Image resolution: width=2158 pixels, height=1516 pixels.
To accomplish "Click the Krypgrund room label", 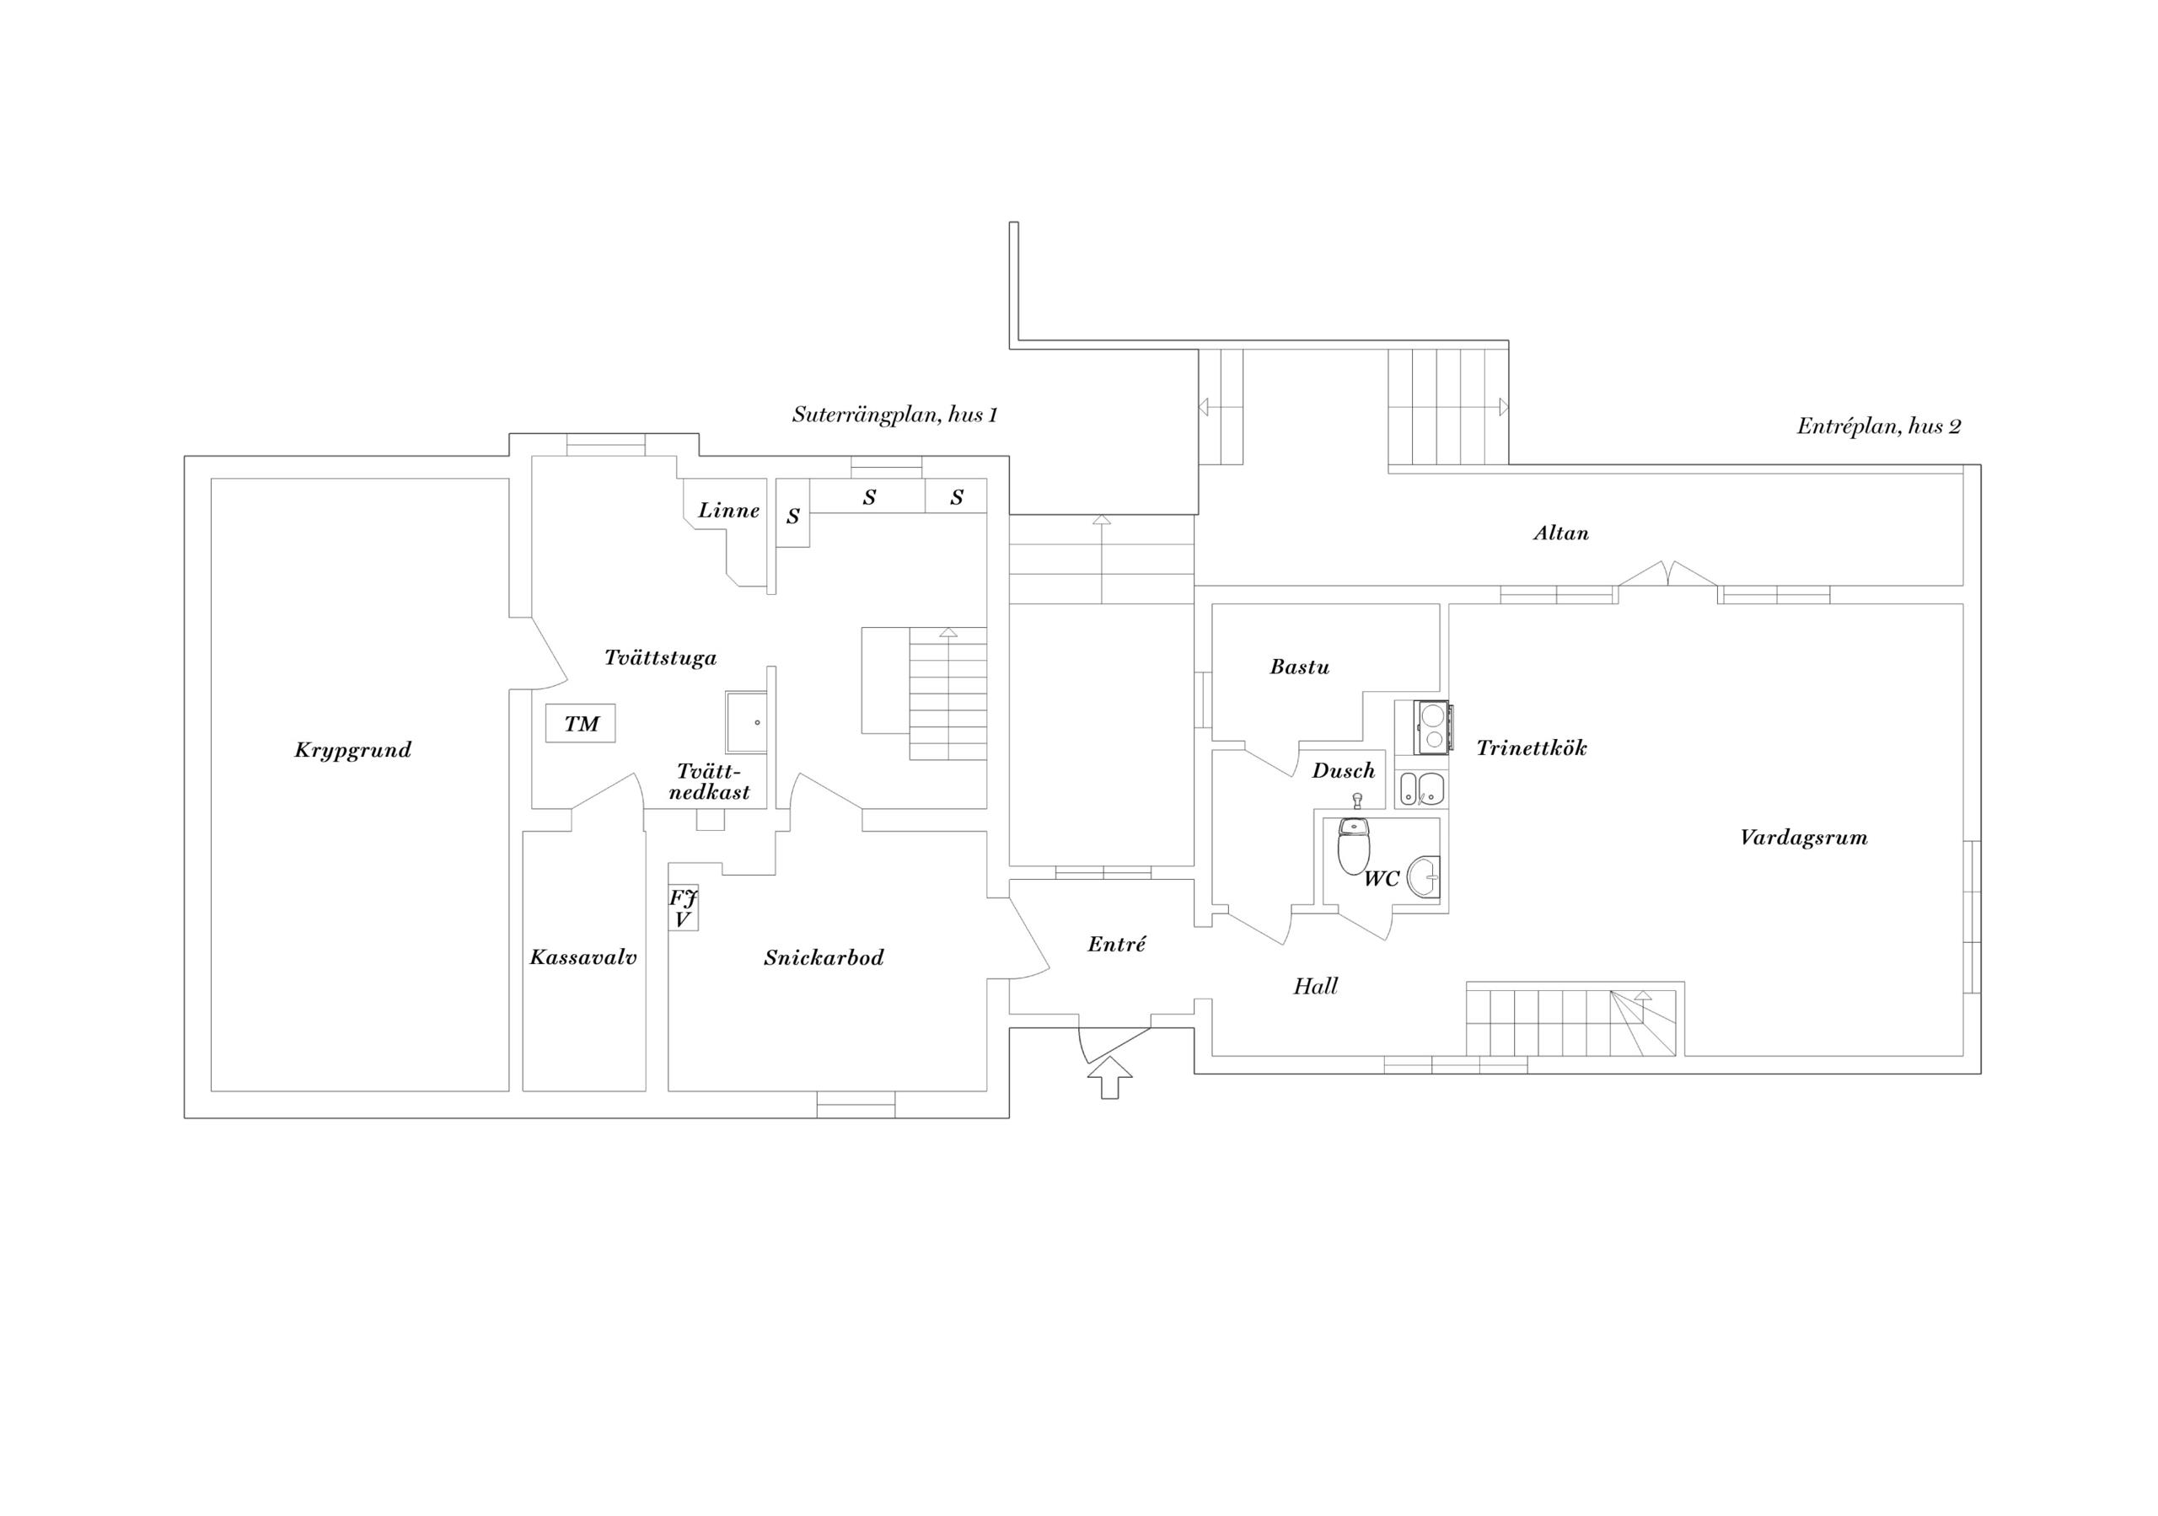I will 352,749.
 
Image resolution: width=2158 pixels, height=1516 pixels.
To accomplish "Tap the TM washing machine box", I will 581,724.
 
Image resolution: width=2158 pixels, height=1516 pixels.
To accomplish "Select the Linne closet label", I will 728,511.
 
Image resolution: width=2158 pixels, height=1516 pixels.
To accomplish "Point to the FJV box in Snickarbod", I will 684,908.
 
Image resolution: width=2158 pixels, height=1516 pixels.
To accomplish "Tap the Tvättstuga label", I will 660,658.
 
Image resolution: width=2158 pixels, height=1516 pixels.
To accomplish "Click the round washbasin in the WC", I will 1425,878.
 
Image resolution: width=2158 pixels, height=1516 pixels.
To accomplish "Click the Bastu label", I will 1299,667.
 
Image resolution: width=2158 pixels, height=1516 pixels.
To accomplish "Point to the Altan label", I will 1561,533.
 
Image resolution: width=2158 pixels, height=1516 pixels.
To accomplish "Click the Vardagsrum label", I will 1803,838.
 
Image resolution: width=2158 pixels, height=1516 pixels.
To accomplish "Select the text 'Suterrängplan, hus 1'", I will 894,415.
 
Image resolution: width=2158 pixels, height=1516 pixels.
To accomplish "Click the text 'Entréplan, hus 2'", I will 1878,426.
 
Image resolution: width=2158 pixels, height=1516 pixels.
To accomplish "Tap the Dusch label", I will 1343,771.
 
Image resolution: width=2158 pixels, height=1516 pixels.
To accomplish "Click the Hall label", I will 1315,986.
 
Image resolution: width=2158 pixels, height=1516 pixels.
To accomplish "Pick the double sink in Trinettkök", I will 1420,788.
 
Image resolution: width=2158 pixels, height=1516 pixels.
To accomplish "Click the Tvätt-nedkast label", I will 710,782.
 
